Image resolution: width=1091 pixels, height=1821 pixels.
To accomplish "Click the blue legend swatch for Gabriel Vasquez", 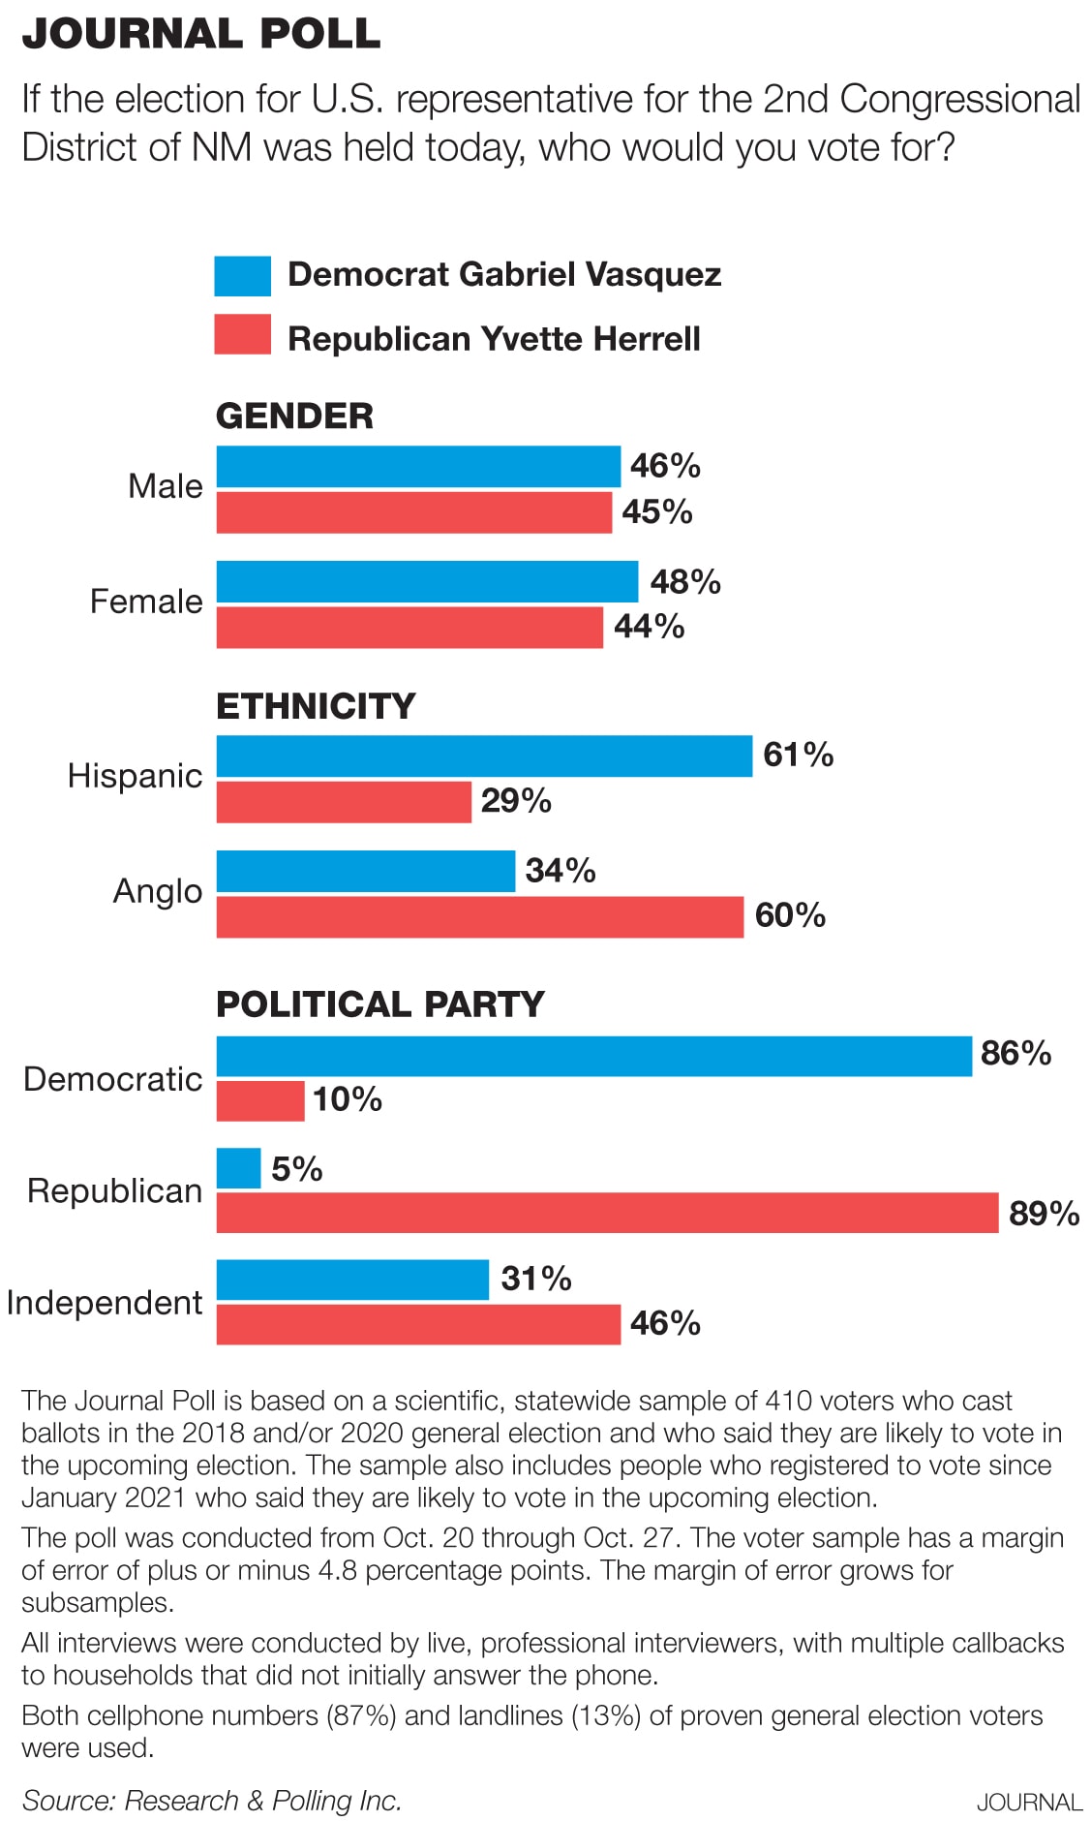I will (x=242, y=276).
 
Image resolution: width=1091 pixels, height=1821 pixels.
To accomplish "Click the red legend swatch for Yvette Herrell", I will (x=242, y=334).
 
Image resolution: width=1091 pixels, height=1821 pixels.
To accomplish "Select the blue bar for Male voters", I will (x=417, y=466).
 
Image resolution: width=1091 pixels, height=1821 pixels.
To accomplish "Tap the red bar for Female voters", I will (x=409, y=628).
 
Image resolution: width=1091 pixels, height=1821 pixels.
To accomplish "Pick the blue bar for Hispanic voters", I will (x=484, y=756).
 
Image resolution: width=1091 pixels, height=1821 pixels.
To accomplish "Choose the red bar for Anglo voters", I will (x=479, y=916).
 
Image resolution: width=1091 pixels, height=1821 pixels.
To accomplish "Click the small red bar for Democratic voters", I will (x=259, y=1100).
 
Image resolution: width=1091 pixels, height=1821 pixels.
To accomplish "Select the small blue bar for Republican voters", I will (x=238, y=1168).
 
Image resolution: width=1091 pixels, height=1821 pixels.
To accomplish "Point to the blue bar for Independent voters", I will (x=352, y=1280).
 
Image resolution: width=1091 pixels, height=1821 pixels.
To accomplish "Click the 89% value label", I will (x=1044, y=1214).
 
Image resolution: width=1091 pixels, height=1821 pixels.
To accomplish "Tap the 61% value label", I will (x=798, y=755).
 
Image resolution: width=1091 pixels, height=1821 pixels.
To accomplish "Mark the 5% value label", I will (x=296, y=1169).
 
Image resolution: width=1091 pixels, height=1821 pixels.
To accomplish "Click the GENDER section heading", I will (x=294, y=417).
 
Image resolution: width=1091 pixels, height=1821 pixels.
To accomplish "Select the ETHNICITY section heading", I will (x=316, y=706).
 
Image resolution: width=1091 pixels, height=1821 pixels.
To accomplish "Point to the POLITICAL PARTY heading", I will (x=380, y=1004).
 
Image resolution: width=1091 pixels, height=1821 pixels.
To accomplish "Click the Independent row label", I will (x=105, y=1303).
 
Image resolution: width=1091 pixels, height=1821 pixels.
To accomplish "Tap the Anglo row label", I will (x=158, y=891).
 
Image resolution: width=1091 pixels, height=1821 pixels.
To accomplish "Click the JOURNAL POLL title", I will (x=201, y=34).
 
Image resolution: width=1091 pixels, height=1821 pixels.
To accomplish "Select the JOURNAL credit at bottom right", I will (x=1028, y=1803).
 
